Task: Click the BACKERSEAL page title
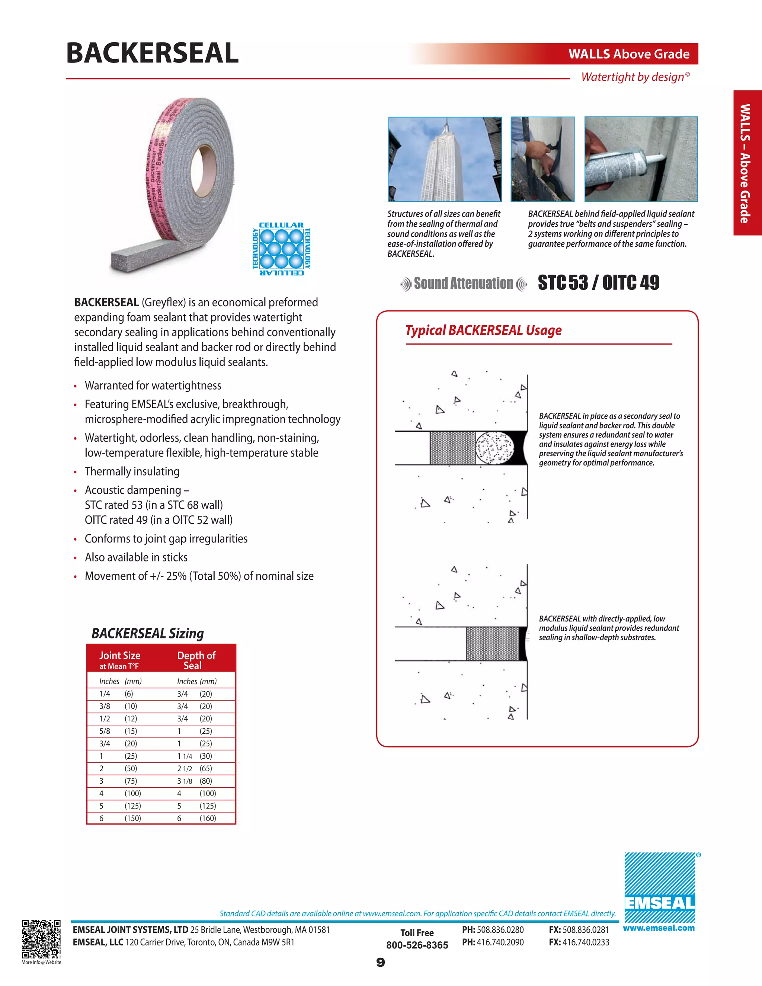coord(152,53)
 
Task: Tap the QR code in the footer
coord(41,939)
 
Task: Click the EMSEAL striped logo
coord(660,887)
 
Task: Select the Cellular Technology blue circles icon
coord(282,249)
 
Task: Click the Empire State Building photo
coord(445,159)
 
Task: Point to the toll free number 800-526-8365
coord(417,945)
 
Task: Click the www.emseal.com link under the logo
coord(659,928)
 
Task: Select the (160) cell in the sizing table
coord(208,818)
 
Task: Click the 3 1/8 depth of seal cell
coord(184,781)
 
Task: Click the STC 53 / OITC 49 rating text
coord(598,283)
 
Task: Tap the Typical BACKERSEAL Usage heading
coord(483,330)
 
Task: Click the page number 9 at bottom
coord(381,963)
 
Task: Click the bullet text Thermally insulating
coord(132,471)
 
